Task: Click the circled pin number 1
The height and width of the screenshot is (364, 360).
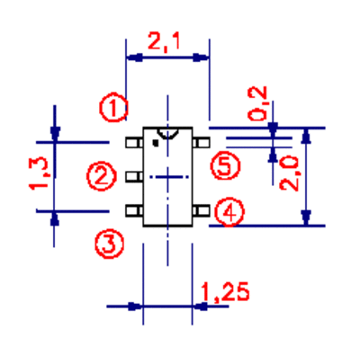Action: [x=113, y=108]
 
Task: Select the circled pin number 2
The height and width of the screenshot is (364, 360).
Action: [x=102, y=176]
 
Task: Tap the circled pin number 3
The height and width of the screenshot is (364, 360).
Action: [x=110, y=244]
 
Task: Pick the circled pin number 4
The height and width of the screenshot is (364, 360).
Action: [x=229, y=212]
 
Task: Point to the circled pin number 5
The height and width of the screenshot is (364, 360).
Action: [x=225, y=165]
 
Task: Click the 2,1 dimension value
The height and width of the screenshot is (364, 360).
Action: [x=164, y=41]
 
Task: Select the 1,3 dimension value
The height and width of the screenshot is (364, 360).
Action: [x=39, y=174]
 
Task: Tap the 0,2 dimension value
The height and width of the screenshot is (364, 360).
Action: [x=257, y=103]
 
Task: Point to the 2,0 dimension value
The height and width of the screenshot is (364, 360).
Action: [x=289, y=173]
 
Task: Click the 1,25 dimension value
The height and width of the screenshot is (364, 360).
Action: [x=225, y=292]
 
